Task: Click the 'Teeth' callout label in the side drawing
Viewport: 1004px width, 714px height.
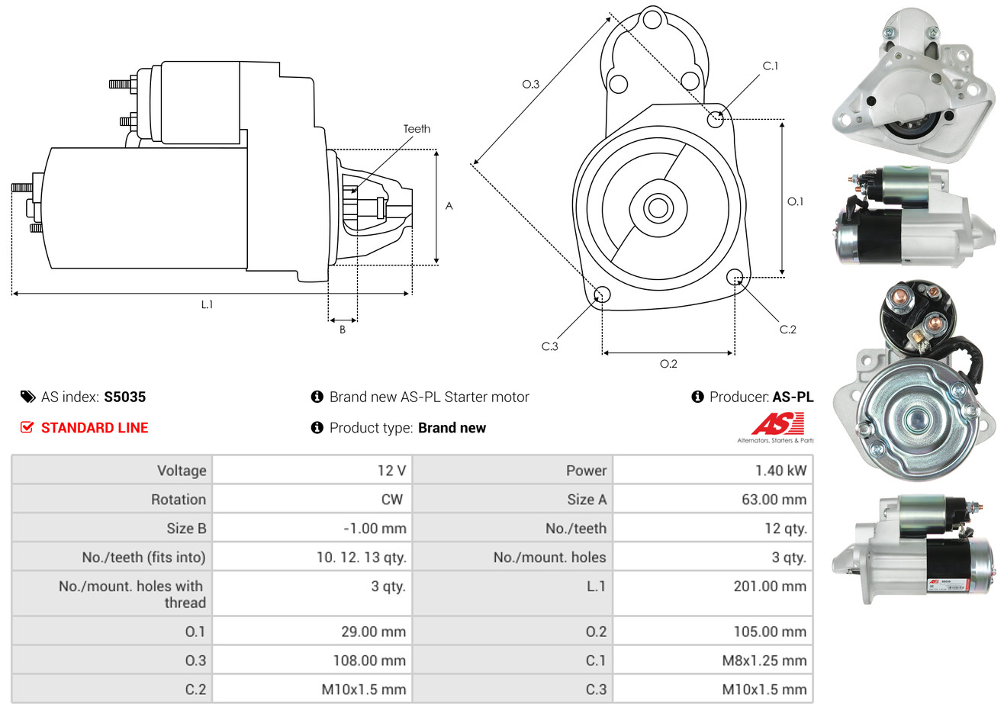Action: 417,129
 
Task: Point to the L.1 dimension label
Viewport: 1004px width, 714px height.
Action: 207,304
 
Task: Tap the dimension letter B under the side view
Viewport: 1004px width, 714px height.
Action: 343,330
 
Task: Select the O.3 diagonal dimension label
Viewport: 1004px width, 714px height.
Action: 530,84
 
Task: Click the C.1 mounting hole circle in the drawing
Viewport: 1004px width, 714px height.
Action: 715,119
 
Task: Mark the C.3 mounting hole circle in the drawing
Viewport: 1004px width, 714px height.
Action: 602,294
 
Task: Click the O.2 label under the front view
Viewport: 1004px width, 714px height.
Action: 668,364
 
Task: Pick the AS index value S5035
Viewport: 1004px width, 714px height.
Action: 124,397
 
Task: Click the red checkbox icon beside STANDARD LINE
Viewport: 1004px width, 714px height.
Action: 27,427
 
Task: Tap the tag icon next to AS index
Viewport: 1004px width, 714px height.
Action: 27,397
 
